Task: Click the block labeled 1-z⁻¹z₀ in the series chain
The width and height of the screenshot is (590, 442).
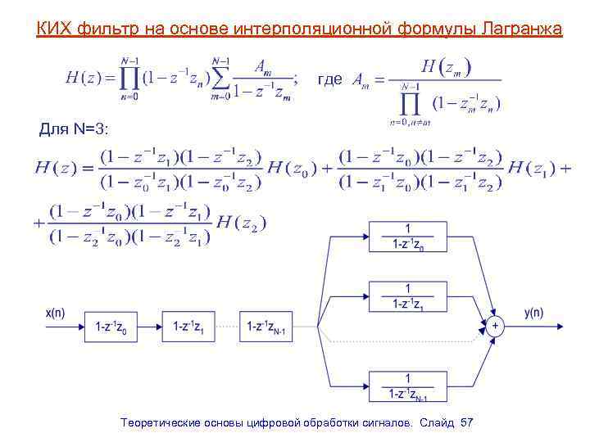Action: coord(109,327)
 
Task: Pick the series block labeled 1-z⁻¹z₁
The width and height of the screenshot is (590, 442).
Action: coord(188,327)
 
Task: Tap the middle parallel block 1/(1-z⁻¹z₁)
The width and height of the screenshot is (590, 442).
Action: coord(406,296)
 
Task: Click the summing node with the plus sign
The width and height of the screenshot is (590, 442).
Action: coord(494,327)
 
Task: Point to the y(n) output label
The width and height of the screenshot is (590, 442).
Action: coord(533,312)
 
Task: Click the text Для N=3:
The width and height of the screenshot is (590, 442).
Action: coord(74,129)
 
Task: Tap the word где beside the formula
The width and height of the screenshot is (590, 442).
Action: coord(329,79)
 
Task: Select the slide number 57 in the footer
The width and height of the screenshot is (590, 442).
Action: coord(467,422)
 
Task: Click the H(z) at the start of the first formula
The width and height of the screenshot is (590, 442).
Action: coord(84,78)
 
